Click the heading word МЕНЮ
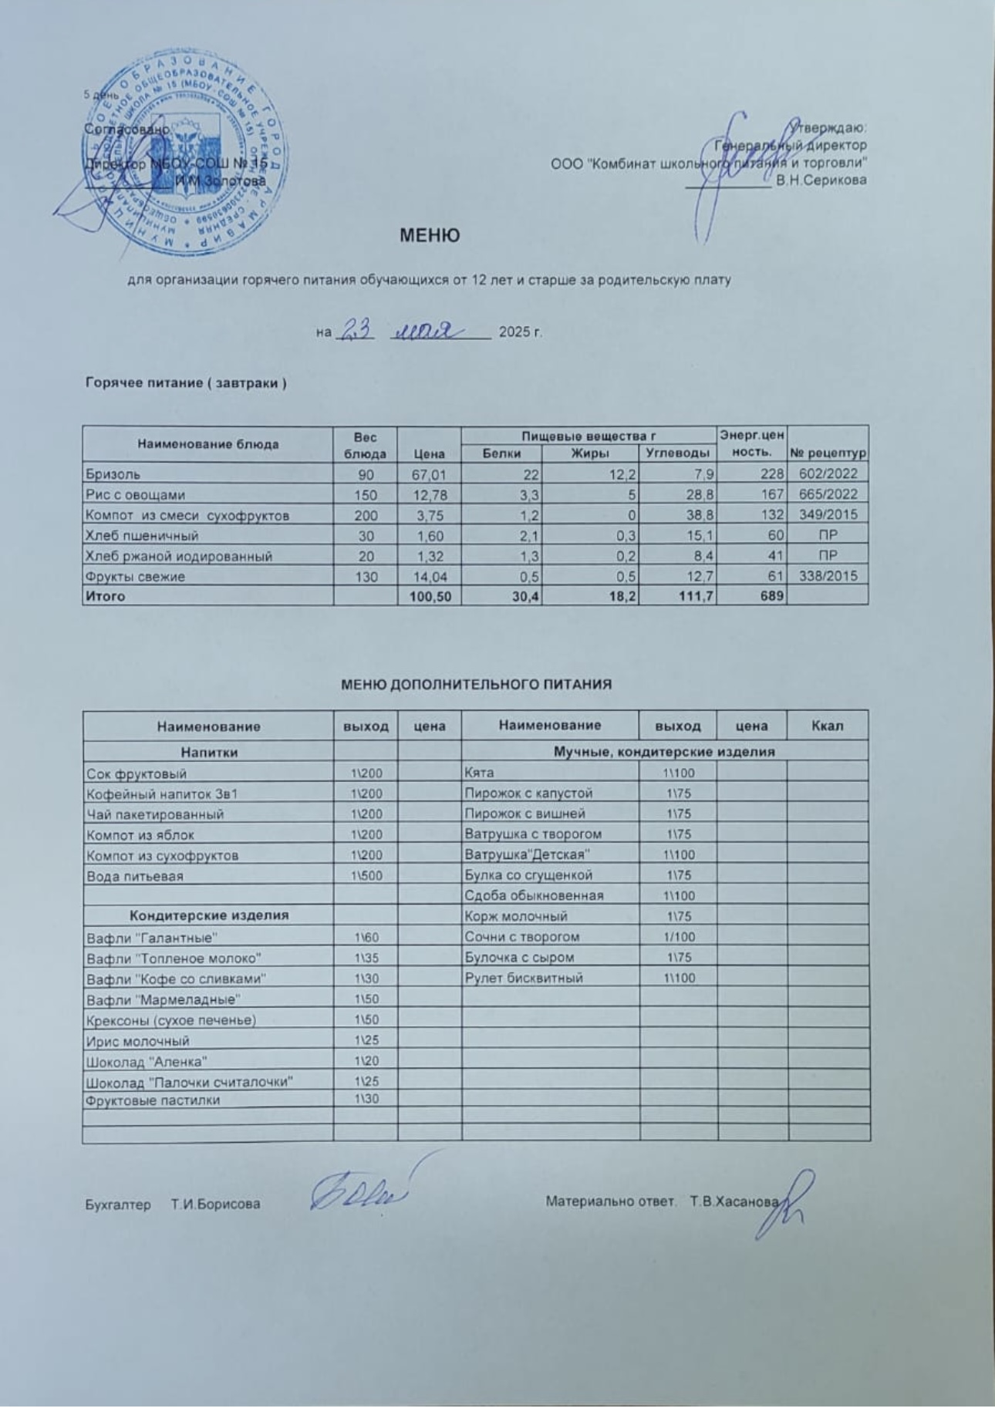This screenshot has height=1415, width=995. point(430,235)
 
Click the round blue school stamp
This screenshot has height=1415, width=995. point(170,154)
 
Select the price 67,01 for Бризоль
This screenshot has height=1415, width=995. point(429,474)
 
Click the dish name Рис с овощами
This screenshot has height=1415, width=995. point(136,495)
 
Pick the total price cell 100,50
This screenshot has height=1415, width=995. point(430,596)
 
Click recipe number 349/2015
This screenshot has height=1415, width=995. point(828,515)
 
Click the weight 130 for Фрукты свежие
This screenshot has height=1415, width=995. point(365,576)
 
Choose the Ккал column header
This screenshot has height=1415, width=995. point(828,726)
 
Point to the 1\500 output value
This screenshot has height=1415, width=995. point(366,876)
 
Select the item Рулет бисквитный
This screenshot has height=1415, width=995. point(524,978)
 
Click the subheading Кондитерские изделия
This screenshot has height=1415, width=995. point(208,915)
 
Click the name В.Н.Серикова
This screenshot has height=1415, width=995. point(821,180)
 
